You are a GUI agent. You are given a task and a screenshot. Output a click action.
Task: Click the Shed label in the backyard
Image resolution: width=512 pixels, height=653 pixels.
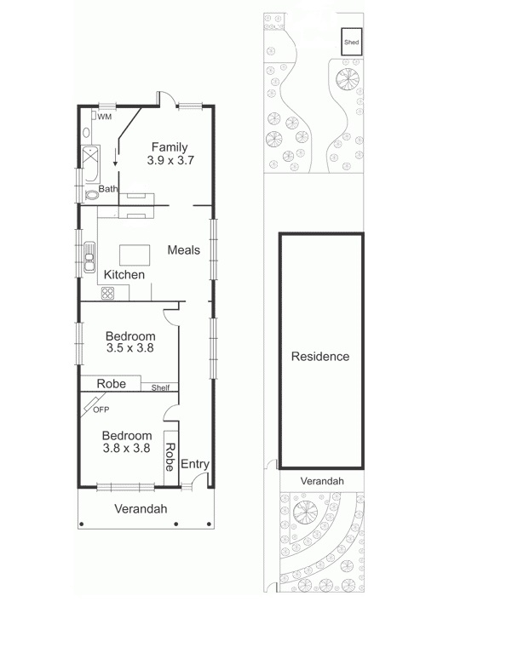pos(350,42)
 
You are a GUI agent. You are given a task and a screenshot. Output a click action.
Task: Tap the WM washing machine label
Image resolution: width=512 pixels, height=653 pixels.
pos(105,117)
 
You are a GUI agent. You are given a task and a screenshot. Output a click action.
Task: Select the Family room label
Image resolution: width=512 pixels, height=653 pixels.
pos(169,147)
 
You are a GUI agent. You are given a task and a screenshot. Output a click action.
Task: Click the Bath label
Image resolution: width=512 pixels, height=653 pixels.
pos(108,189)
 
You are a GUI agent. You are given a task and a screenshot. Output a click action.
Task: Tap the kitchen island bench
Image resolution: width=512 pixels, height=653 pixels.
pos(134,254)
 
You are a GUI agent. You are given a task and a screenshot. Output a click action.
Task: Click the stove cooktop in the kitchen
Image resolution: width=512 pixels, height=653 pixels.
pos(108,293)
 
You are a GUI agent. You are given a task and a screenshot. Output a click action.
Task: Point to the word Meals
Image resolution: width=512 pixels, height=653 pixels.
pos(183,249)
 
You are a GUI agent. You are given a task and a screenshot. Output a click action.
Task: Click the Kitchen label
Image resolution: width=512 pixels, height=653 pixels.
pos(124,275)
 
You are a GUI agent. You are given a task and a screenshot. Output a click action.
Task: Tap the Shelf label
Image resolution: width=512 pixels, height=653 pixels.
pos(160,388)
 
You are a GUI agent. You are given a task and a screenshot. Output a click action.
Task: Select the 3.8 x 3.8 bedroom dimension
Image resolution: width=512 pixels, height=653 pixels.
pos(127,448)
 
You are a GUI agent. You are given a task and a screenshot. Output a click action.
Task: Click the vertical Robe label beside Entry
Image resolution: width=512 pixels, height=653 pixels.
pos(170,458)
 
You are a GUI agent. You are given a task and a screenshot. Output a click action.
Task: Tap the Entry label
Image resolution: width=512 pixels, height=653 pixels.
pos(194,464)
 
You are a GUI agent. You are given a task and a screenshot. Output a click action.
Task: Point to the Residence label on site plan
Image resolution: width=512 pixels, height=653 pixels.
pos(320,357)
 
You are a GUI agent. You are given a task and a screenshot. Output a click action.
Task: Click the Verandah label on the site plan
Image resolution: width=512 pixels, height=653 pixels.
pos(322,481)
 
